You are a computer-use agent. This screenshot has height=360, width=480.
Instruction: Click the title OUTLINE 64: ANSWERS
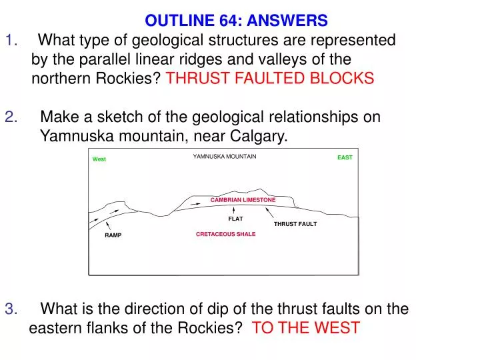[237, 21]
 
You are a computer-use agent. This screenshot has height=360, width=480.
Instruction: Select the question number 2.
[11, 117]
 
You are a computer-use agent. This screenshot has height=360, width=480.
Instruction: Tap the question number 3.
[11, 309]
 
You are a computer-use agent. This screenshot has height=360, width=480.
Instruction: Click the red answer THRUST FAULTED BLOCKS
[270, 79]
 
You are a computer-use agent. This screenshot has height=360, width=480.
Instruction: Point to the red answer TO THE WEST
[306, 327]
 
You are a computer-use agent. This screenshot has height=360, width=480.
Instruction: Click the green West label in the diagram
[99, 159]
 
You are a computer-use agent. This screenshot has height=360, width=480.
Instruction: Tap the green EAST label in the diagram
[345, 157]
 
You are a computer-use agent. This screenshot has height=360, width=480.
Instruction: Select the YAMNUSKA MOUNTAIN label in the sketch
[225, 157]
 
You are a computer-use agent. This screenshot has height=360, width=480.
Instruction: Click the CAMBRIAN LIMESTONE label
[243, 200]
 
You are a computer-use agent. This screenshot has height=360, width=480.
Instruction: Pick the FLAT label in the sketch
[235, 219]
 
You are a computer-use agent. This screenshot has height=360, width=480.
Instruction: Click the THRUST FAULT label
[295, 224]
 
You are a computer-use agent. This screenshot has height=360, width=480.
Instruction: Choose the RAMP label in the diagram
[113, 235]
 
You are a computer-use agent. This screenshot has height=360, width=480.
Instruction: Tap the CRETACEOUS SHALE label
[225, 235]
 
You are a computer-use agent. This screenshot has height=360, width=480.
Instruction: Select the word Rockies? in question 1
[129, 79]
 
